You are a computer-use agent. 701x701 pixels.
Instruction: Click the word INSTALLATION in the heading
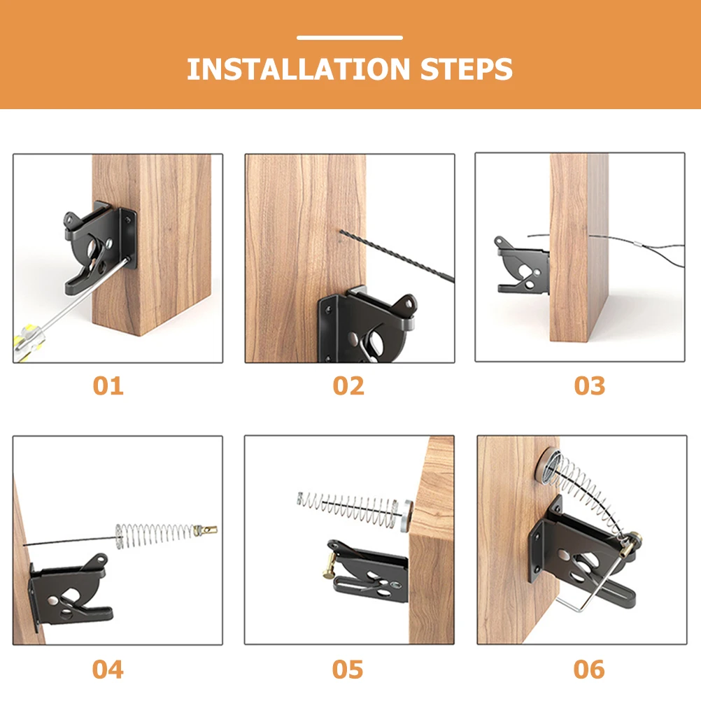298,70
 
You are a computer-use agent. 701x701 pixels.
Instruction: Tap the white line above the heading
350,38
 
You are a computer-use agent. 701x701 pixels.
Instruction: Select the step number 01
108,385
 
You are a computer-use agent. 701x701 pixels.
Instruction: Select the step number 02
348,385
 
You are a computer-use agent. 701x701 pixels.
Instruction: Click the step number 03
589,385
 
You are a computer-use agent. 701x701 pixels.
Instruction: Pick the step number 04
108,670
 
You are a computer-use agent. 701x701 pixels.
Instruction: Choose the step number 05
348,670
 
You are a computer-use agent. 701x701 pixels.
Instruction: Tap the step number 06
589,670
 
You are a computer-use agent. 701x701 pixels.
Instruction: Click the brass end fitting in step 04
207,530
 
